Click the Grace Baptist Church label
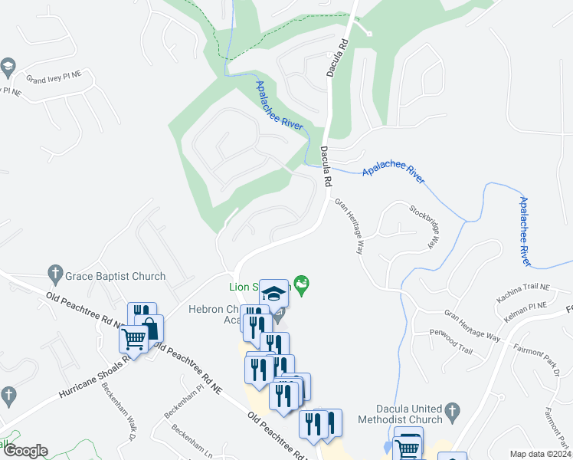[116, 276]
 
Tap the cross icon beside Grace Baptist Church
[54, 272]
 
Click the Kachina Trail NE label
[522, 288]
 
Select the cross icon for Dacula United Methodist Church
[452, 409]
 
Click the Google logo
[25, 452]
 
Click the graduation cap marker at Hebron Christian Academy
[273, 292]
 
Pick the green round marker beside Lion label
[303, 286]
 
